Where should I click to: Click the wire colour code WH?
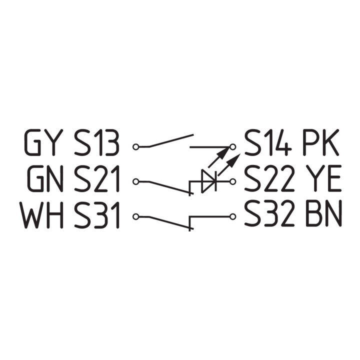41,214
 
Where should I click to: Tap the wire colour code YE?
322,178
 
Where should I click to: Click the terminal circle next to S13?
136,146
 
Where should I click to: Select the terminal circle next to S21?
136,182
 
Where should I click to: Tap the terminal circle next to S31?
136,216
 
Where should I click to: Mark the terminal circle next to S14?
233,146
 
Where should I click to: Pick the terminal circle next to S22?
233,181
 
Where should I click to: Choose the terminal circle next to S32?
233,216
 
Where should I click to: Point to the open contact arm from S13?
171,140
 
